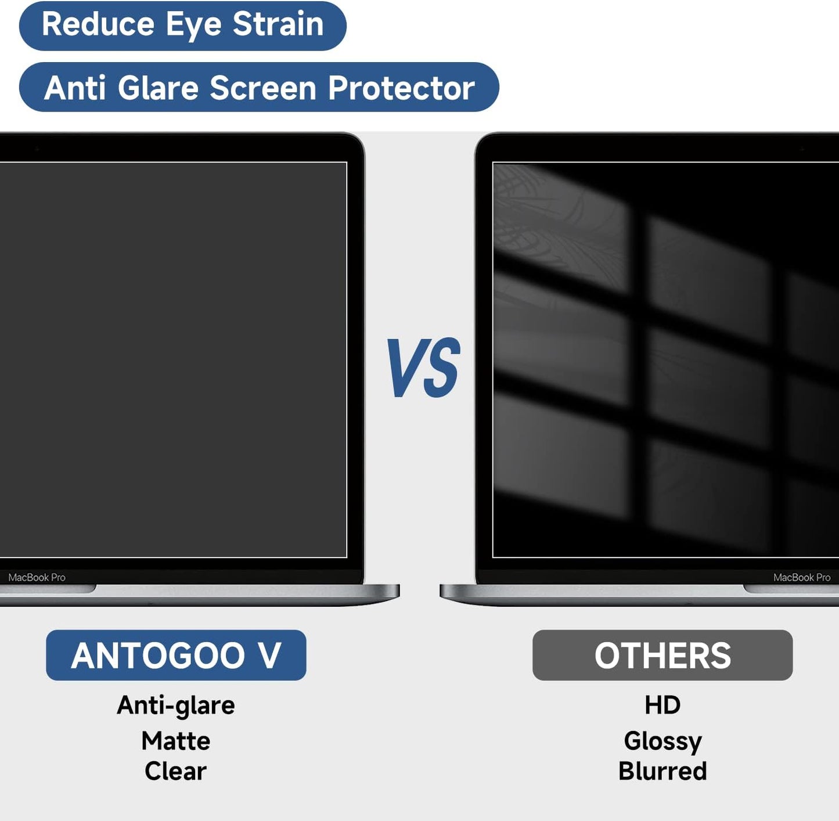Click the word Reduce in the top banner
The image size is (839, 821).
click(98, 25)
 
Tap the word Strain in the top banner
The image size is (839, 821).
click(278, 25)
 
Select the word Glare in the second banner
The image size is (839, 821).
click(158, 88)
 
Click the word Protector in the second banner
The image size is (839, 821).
click(401, 88)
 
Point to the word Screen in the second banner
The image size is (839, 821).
click(263, 88)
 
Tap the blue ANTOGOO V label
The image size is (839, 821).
click(176, 656)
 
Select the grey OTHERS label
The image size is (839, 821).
click(662, 656)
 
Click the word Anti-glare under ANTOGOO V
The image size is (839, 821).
click(176, 705)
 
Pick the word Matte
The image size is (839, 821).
click(176, 741)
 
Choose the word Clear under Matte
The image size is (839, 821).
click(176, 772)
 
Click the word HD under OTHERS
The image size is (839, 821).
click(662, 705)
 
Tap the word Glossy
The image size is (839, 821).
click(662, 741)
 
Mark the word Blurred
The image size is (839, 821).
click(662, 772)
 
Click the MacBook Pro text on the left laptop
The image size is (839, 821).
click(37, 578)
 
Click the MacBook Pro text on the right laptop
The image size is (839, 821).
click(802, 578)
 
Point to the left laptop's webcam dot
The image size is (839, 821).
click(37, 149)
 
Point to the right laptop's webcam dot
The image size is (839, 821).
click(802, 149)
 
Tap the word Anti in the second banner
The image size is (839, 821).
click(75, 88)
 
